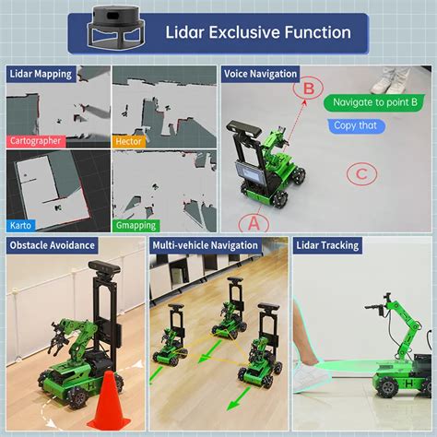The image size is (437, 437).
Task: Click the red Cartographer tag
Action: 36,141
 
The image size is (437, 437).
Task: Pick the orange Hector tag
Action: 129,141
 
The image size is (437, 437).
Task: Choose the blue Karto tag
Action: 19,225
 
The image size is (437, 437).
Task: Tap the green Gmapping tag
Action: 135,225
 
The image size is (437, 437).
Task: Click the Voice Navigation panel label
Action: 262,74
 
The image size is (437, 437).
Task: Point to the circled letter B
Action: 310,89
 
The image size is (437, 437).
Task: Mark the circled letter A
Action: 253,222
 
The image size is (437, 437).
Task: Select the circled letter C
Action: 362,173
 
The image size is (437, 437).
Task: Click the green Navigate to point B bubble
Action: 375,101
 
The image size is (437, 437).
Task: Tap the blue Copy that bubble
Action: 355,125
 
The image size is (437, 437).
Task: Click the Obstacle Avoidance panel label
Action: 52,245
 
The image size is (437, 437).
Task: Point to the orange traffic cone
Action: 108,401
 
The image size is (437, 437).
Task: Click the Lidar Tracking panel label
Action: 326,245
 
